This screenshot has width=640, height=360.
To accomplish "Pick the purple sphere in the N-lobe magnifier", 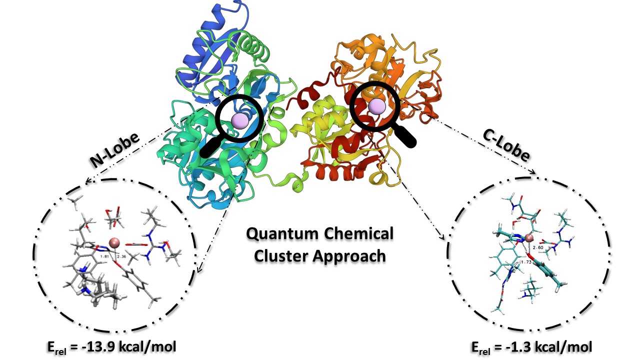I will pyautogui.click(x=240, y=120).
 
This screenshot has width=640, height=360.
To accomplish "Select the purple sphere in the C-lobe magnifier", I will pyautogui.click(x=376, y=106).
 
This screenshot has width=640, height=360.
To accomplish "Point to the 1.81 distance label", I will pyautogui.click(x=105, y=256).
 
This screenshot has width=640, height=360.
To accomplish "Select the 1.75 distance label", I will pyautogui.click(x=90, y=283).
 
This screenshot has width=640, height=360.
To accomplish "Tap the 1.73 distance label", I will pyautogui.click(x=525, y=262).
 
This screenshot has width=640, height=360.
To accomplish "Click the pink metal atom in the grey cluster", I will pyautogui.click(x=114, y=242).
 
